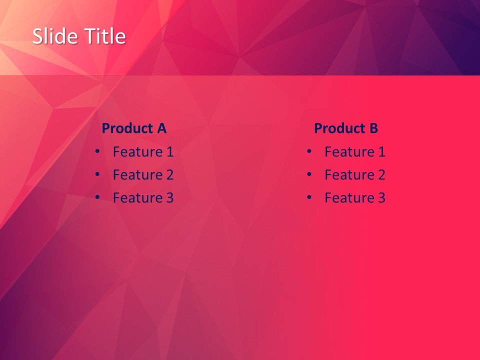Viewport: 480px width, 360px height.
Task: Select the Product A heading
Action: click(133, 128)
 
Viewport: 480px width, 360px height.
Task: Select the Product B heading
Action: click(346, 128)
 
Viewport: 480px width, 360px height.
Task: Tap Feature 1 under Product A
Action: click(143, 151)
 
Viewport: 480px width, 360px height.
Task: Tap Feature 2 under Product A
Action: click(143, 174)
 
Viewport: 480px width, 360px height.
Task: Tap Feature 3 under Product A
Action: click(143, 198)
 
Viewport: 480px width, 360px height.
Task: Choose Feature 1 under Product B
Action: click(355, 151)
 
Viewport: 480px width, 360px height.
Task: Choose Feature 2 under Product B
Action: click(355, 174)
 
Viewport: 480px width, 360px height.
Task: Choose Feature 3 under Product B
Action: click(355, 198)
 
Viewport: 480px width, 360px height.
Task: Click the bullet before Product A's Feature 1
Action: click(97, 150)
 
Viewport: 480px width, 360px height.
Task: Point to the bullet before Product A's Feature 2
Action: click(97, 173)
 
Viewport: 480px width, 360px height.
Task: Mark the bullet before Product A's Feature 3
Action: click(97, 197)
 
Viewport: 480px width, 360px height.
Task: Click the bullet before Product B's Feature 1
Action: click(309, 150)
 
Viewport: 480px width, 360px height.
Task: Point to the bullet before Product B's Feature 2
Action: click(309, 173)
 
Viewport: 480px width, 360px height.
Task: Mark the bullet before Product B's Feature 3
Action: click(309, 197)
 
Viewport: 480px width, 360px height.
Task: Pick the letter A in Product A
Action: click(161, 128)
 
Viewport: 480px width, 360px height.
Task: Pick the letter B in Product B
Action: click(373, 128)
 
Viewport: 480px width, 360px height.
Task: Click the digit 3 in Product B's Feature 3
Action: click(381, 198)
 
